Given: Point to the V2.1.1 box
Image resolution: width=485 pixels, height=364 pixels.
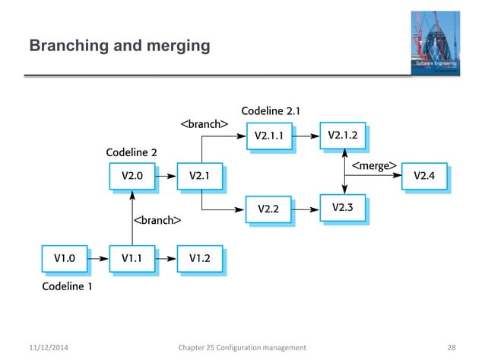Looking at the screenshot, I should pos(269,137).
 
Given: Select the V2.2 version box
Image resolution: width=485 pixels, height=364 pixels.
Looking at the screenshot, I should pos(269,208).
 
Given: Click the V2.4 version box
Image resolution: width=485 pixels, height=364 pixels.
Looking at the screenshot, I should pos(424,177).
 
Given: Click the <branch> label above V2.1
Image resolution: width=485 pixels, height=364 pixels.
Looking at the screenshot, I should pos(204,123).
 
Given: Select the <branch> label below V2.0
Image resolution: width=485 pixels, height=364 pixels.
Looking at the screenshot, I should pos(157,221).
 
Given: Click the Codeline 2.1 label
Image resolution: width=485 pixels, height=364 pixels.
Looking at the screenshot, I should pos(270,111).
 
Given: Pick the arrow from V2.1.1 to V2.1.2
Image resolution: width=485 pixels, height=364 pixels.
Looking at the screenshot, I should pos(306,137).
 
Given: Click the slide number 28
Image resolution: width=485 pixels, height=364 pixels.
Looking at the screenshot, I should pos(452,347).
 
